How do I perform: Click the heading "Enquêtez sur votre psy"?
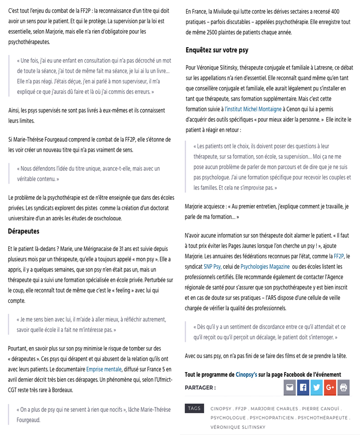point(217,50)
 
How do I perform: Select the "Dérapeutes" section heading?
point(24,231)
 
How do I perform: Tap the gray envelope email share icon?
point(289,388)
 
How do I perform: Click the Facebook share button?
point(303,388)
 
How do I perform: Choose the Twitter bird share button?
point(316,388)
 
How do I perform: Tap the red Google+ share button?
point(330,388)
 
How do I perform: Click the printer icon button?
point(343,388)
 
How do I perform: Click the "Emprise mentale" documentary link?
point(104,369)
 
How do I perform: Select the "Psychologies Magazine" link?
point(265,266)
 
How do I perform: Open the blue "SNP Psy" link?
point(212,266)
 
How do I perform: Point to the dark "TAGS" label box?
point(194,408)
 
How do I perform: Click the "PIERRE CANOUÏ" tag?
point(320,409)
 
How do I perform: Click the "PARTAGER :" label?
point(200,388)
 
